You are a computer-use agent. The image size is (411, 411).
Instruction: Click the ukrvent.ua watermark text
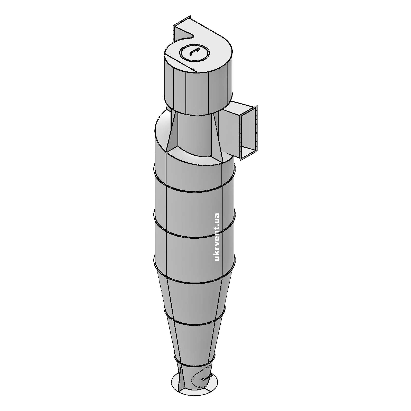coord(217,237)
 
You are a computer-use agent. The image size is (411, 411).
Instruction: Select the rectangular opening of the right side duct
coord(249,134)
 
